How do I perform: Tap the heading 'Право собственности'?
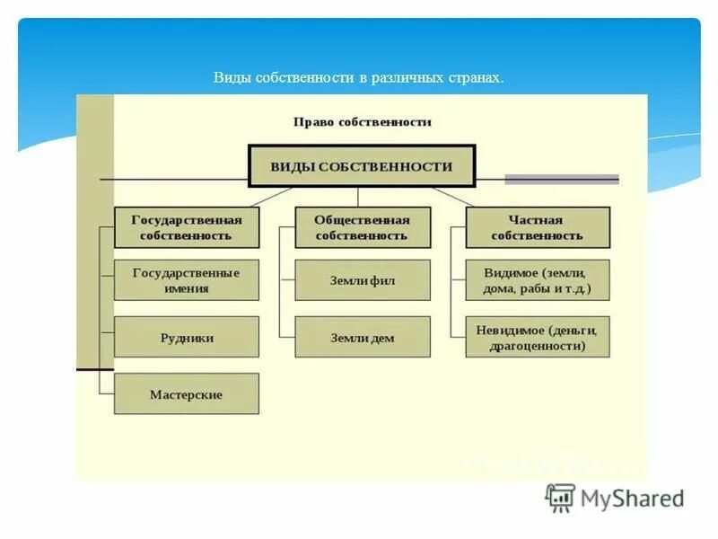coord(362,122)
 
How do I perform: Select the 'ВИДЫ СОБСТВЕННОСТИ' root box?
coord(362,167)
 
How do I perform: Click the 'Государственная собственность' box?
coord(187,227)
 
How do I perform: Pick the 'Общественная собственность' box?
coord(362,227)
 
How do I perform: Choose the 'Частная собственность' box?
coord(537,227)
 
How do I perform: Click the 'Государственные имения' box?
coord(187,280)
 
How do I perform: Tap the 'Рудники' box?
coord(187,338)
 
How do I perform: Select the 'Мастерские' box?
coord(187,393)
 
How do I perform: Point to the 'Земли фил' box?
coord(362,280)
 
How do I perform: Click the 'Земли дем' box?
coord(362,337)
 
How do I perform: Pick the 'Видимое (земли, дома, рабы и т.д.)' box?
coord(537,280)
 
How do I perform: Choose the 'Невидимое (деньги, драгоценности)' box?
coord(537,337)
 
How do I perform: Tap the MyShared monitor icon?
coord(561,498)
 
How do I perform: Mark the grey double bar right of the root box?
coord(561,179)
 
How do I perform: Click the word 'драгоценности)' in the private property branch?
coord(537,345)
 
